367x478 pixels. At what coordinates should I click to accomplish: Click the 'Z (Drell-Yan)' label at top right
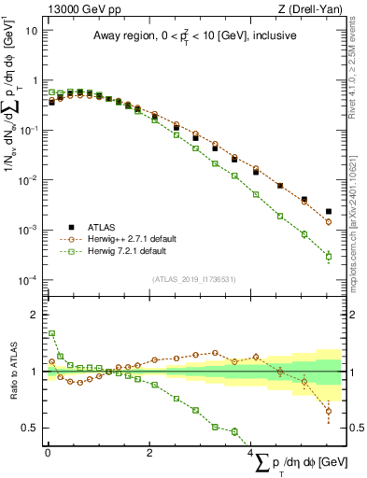point(309,8)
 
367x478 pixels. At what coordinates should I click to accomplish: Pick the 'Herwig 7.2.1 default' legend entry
point(127,251)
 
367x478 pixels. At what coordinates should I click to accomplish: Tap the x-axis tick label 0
point(48,451)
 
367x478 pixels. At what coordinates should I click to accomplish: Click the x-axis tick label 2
point(150,451)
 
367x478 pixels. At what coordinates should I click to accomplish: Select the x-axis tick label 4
point(253,451)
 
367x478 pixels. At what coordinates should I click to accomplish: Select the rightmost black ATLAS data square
point(328,212)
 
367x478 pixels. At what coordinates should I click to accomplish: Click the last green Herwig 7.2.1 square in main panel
point(328,256)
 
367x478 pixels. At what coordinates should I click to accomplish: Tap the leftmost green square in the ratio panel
point(51,333)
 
